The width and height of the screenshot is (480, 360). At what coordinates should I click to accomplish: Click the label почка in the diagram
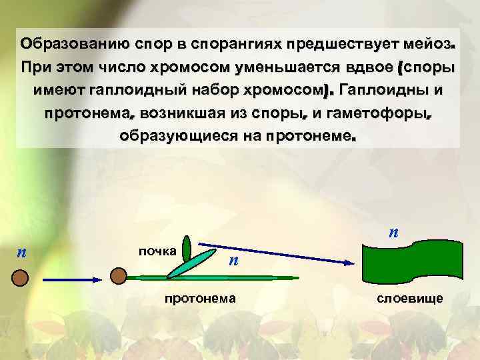tap(157, 251)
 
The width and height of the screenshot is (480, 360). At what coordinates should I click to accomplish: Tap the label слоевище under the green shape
tap(410, 299)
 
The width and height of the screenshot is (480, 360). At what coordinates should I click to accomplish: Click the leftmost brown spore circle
tap(20, 277)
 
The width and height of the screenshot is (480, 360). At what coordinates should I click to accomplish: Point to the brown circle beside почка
tap(119, 275)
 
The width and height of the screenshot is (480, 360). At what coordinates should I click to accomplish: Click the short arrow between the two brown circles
tap(70, 276)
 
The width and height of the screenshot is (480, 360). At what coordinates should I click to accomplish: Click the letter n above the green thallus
tap(394, 233)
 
